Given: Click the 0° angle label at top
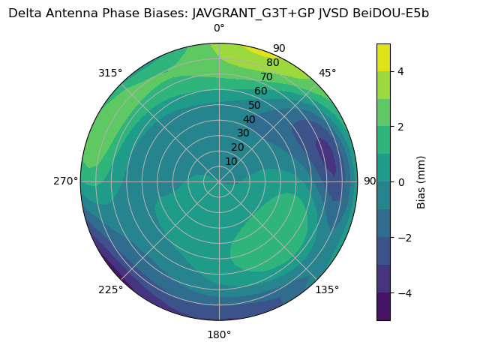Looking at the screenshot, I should click(219, 28).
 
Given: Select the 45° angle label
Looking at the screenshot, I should click(327, 73).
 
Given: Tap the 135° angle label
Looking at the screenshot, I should click(327, 289).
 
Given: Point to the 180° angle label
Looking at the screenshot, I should click(219, 334).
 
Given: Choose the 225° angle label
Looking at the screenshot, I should click(110, 289).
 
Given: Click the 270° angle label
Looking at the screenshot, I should click(65, 181).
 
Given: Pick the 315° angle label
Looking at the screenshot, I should click(110, 73).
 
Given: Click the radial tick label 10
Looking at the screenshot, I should click(231, 161).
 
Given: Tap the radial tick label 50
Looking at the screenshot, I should click(254, 106).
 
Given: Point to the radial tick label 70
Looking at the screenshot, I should click(266, 77).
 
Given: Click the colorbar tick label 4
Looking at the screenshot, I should click(400, 71).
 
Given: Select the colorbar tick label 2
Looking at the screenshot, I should click(400, 127).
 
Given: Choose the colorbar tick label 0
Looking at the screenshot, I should click(400, 182).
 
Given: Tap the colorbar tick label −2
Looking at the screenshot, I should click(403, 238).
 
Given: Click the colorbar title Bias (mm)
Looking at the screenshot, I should click(421, 182).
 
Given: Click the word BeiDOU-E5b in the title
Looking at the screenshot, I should click(391, 13).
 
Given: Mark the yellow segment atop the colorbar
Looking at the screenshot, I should click(383, 57).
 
